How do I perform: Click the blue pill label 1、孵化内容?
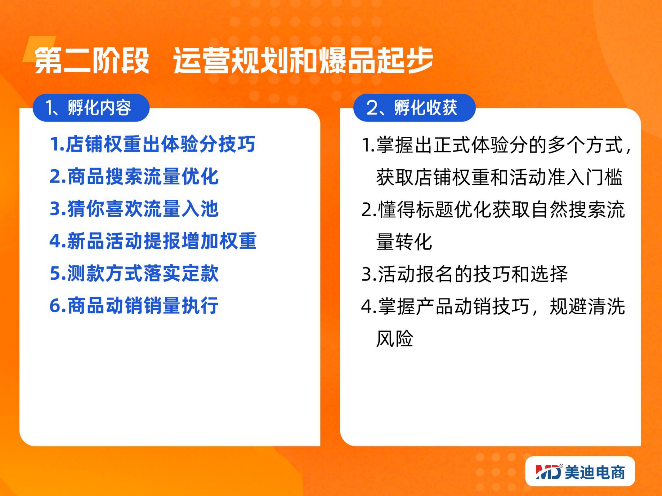click(91, 108)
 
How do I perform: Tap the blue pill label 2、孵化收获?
click(414, 108)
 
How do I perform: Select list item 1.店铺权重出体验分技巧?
click(152, 144)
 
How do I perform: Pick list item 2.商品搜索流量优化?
click(134, 176)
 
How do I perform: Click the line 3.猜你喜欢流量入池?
click(134, 209)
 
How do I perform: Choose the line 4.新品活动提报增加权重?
click(153, 241)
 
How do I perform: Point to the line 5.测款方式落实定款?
click(134, 273)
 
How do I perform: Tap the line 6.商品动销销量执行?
click(134, 305)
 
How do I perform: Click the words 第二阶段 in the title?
click(92, 60)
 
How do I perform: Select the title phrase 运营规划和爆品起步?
click(303, 60)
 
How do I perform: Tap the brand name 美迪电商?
click(595, 472)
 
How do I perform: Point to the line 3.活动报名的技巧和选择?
click(464, 274)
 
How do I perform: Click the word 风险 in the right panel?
click(395, 339)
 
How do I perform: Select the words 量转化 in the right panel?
click(404, 242)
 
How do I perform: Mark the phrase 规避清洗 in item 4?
click(587, 306)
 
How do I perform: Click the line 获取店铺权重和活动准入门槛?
click(499, 177)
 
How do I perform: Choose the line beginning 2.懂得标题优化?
click(493, 210)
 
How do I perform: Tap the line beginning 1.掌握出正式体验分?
click(496, 145)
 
